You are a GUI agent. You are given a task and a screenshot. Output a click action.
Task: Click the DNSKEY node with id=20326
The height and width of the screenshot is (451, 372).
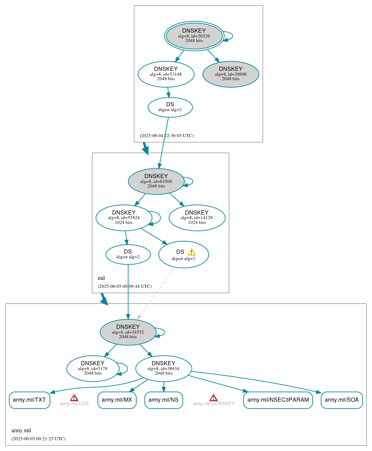194,36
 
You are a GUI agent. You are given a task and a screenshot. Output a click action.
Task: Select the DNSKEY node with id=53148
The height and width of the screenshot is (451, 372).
166,74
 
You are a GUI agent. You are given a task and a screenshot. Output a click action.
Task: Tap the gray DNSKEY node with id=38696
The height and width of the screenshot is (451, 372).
231,74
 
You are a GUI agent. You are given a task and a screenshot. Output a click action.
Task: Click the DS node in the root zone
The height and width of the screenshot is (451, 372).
170,107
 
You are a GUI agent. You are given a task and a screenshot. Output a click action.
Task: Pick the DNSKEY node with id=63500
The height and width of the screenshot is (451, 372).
156,181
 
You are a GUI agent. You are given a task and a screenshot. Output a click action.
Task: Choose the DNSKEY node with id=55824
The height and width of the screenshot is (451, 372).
124,218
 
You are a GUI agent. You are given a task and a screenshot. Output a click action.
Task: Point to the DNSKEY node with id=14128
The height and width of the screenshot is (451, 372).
197,218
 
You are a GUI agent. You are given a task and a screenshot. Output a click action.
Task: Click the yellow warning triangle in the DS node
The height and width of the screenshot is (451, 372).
192,252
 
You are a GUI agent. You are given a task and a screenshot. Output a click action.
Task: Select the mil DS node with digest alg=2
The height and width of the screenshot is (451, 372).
128,254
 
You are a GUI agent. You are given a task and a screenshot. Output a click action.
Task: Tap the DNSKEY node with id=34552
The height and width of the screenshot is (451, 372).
128,332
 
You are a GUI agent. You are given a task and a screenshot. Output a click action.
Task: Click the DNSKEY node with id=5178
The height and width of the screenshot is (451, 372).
93,368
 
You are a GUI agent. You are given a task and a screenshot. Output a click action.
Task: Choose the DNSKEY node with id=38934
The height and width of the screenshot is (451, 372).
163,368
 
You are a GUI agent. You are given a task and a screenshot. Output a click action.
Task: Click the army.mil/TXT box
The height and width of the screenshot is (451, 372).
29,400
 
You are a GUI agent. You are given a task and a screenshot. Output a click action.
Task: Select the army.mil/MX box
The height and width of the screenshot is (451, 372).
117,400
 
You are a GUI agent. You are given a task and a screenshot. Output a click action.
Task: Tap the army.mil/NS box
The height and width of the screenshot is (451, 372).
163,400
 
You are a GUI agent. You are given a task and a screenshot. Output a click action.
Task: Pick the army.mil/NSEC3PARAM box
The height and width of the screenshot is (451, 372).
278,400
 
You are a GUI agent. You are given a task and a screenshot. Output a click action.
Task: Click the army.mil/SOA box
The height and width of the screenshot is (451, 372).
341,400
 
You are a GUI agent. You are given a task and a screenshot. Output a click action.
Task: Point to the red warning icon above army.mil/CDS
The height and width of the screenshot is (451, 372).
74,398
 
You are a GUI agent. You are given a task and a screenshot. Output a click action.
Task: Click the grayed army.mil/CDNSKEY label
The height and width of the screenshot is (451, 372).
213,404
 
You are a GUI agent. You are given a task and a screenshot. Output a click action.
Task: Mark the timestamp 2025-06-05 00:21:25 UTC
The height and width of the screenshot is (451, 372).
38,439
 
